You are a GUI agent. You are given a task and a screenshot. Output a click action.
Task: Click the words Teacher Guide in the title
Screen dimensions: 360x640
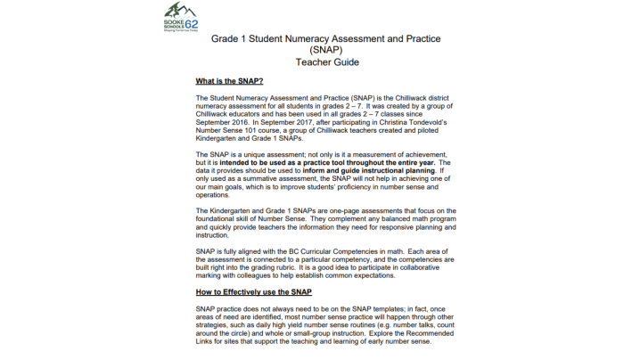pos(320,63)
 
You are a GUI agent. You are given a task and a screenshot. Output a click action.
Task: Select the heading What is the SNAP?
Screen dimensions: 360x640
pos(229,81)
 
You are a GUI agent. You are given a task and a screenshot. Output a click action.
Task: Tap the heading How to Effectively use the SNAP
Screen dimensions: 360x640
pos(253,291)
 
